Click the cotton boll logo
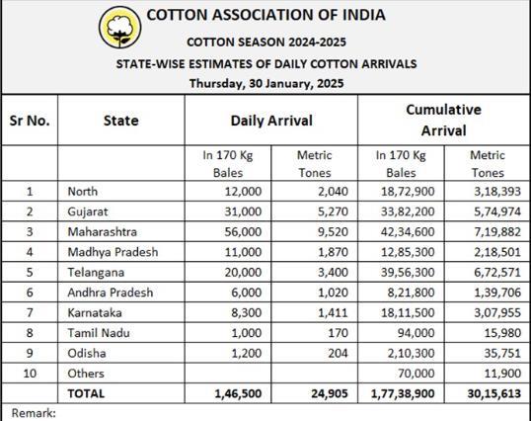click(x=119, y=28)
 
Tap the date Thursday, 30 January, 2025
click(x=266, y=83)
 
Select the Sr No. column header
click(x=30, y=121)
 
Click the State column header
click(x=120, y=121)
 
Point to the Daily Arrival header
click(x=271, y=121)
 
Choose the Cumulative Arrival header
click(x=443, y=120)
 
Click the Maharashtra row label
click(x=103, y=232)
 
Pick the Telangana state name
click(x=96, y=273)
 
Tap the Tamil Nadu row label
click(x=99, y=333)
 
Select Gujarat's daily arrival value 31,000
click(x=243, y=211)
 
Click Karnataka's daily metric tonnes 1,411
click(x=333, y=312)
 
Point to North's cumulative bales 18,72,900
click(x=408, y=192)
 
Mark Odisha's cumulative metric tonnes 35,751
click(x=502, y=353)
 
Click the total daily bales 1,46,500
click(x=238, y=393)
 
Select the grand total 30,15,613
click(x=494, y=393)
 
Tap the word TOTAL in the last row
click(x=86, y=393)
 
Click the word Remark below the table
click(x=34, y=413)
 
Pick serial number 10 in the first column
click(x=30, y=374)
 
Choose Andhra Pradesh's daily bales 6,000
click(x=246, y=293)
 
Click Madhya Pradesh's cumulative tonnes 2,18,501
click(x=497, y=252)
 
